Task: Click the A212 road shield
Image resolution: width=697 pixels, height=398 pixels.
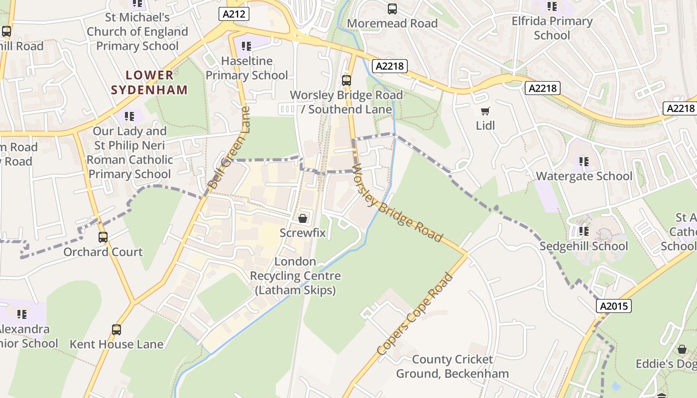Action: (x=233, y=14)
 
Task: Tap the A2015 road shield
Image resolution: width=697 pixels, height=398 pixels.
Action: (x=614, y=306)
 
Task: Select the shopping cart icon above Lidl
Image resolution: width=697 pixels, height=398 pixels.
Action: (x=485, y=111)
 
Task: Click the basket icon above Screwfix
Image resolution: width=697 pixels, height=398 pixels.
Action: (x=302, y=218)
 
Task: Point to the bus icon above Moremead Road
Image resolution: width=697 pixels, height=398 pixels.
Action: (x=392, y=8)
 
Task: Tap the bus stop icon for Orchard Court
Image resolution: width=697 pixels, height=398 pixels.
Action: (x=103, y=237)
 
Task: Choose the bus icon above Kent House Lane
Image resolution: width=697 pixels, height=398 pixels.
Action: (x=116, y=329)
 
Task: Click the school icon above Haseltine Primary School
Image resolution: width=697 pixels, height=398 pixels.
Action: (x=246, y=46)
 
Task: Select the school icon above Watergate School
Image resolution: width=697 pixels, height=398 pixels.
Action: (x=583, y=161)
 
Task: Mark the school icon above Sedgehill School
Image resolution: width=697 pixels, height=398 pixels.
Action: (x=583, y=231)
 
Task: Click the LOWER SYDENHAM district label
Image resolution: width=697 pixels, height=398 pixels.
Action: (x=149, y=83)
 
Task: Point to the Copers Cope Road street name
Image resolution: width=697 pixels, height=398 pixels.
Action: (x=415, y=314)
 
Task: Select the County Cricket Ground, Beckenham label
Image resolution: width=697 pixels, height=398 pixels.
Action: (x=452, y=366)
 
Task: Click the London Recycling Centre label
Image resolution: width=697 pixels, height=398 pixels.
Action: (x=295, y=276)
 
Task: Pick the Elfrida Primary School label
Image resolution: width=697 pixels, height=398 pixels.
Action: (x=552, y=28)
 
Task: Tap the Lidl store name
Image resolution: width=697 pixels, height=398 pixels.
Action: (x=485, y=125)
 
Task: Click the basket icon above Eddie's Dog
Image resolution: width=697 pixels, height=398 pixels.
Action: (x=682, y=349)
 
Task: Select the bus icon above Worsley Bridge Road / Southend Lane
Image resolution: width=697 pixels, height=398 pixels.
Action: (x=347, y=80)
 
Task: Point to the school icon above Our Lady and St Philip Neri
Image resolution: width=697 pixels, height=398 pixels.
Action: (x=129, y=116)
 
